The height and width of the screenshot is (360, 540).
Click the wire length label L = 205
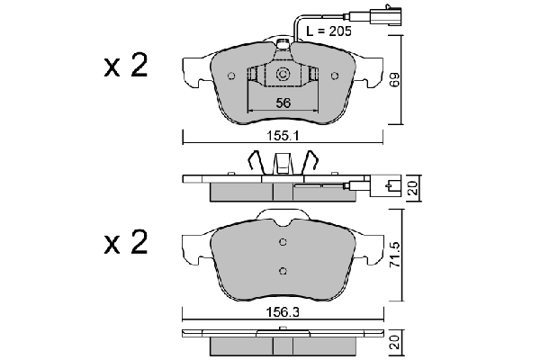click(x=328, y=31)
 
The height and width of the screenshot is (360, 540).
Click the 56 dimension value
click(x=283, y=103)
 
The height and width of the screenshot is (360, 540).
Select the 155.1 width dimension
click(x=283, y=137)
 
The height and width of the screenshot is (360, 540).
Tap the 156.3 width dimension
click(x=283, y=313)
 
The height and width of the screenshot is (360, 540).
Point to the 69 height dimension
click(x=395, y=79)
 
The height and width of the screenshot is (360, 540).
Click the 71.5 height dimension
click(x=395, y=255)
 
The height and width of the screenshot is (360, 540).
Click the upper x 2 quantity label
click(x=126, y=65)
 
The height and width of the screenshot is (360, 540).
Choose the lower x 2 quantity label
click(x=126, y=242)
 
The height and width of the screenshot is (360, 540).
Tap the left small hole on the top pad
click(x=231, y=76)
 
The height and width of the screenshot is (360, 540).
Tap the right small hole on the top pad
click(x=335, y=76)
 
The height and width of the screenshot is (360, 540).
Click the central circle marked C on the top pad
click(x=283, y=75)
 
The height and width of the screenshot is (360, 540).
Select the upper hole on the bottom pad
click(x=283, y=242)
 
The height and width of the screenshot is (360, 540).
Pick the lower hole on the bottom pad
click(x=283, y=271)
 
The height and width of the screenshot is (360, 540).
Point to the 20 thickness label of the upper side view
click(x=412, y=188)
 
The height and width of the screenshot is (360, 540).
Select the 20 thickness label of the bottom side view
click(x=395, y=342)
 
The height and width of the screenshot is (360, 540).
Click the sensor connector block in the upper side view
click(x=385, y=186)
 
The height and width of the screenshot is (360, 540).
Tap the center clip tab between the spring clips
click(x=283, y=163)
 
